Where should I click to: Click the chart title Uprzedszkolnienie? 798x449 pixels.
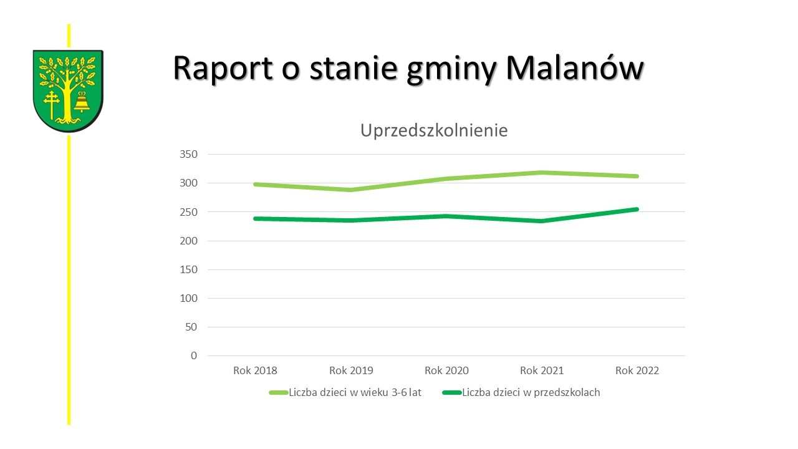point(434,131)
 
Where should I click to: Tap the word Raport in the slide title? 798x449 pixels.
point(223,69)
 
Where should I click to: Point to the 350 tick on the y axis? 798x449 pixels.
point(188,155)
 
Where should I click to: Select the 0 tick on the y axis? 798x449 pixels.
point(193,356)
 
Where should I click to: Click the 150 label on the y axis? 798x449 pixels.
point(188,270)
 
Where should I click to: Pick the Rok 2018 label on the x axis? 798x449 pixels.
point(255,370)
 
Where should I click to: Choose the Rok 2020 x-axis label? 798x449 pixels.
point(446,370)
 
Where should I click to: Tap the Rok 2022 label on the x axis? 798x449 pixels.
point(637,370)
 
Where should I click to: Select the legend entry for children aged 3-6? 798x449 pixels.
point(355,393)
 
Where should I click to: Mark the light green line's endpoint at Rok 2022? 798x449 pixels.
point(637,176)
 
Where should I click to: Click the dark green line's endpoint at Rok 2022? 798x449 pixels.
point(637,210)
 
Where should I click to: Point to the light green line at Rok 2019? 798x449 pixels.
point(351,190)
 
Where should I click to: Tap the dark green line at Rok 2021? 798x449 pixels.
point(542,221)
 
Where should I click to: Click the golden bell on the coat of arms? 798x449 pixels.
point(82,102)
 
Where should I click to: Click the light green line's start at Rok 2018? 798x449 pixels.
point(255,185)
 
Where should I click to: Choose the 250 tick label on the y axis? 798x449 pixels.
point(188,212)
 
